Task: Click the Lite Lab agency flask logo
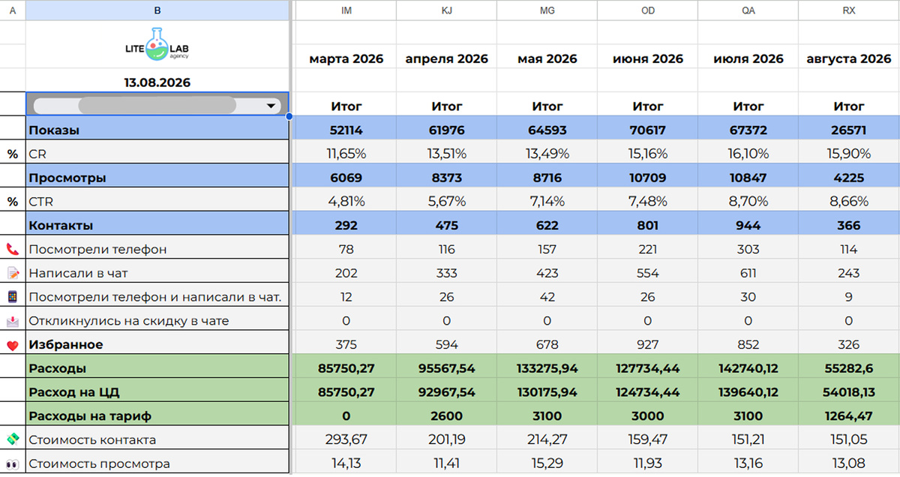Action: click(x=157, y=44)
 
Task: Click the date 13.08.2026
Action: click(x=157, y=82)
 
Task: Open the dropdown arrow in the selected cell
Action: click(x=271, y=106)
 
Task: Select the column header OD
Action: click(x=648, y=10)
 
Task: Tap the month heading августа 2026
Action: click(x=848, y=59)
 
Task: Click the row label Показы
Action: click(x=54, y=130)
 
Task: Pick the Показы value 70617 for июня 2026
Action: click(x=648, y=130)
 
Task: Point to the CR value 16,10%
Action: click(x=748, y=154)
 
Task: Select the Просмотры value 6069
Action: click(x=346, y=178)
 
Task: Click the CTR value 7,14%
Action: click(x=547, y=201)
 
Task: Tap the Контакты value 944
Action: click(x=748, y=226)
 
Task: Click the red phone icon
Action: click(x=13, y=250)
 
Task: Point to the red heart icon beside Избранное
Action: click(x=13, y=345)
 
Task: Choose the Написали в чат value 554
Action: click(x=648, y=273)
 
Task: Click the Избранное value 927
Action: click(x=648, y=345)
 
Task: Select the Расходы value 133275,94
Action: click(x=547, y=368)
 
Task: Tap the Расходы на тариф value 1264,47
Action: click(x=848, y=416)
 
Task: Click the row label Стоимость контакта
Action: click(x=92, y=440)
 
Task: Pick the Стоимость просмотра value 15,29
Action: click(x=547, y=463)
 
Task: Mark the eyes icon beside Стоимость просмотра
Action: click(x=13, y=465)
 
